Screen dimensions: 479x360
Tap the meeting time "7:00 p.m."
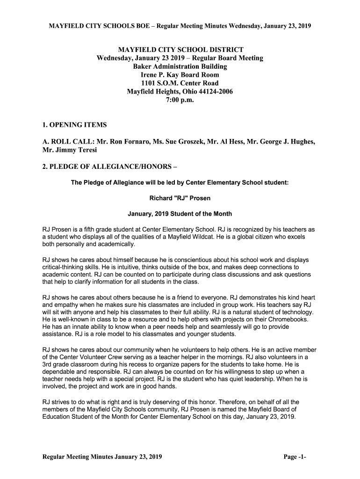point(180,100)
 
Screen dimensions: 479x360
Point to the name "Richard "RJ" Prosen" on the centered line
point(180,198)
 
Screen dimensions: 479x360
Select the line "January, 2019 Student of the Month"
point(180,214)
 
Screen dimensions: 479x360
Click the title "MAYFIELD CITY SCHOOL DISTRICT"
point(180,50)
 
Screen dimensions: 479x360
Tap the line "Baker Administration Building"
point(180,66)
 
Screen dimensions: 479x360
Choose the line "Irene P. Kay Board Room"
point(180,75)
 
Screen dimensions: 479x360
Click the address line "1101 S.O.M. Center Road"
point(180,83)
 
